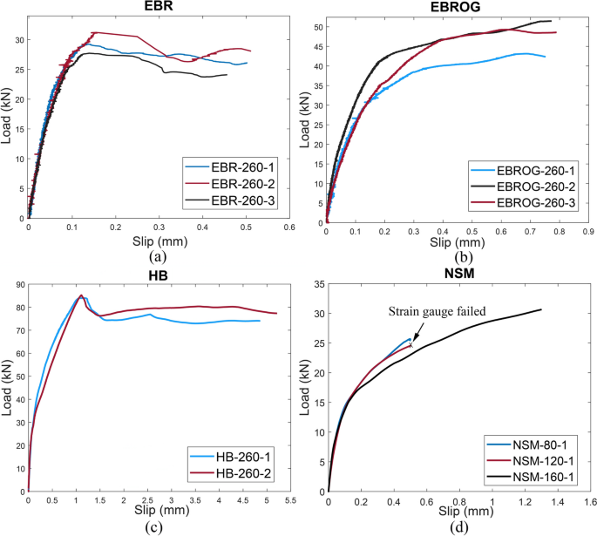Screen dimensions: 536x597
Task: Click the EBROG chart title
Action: tap(458, 6)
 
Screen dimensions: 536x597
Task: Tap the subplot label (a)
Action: tap(158, 257)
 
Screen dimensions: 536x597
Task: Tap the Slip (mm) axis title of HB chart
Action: tap(159, 508)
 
